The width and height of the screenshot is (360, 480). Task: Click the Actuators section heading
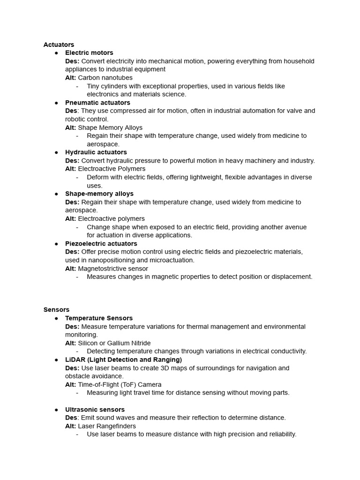pyautogui.click(x=59, y=45)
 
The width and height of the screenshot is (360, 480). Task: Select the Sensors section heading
pyautogui.click(x=56, y=309)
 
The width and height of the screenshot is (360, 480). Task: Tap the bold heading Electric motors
pyautogui.click(x=89, y=53)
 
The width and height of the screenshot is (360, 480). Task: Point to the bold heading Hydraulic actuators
pyautogui.click(x=96, y=152)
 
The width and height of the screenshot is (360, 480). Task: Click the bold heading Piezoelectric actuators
pyautogui.click(x=101, y=244)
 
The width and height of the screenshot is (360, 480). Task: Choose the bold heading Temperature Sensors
pyautogui.click(x=99, y=318)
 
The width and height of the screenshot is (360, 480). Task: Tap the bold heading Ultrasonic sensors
pyautogui.click(x=95, y=410)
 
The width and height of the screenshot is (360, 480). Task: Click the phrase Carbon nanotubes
pyautogui.click(x=105, y=78)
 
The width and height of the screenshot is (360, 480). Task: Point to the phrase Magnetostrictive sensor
pyautogui.click(x=113, y=269)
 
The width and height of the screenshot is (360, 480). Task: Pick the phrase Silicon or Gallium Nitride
pyautogui.click(x=114, y=343)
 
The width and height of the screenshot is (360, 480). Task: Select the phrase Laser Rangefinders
pyautogui.click(x=107, y=426)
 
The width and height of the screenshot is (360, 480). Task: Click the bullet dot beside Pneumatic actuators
pyautogui.click(x=56, y=103)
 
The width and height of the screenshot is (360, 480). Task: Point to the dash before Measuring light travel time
pyautogui.click(x=77, y=393)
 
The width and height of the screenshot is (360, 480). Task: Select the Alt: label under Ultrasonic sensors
pyautogui.click(x=70, y=426)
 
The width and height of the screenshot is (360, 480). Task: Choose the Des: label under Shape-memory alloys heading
pyautogui.click(x=72, y=202)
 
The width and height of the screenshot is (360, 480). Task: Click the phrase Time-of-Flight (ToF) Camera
pyautogui.click(x=120, y=384)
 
